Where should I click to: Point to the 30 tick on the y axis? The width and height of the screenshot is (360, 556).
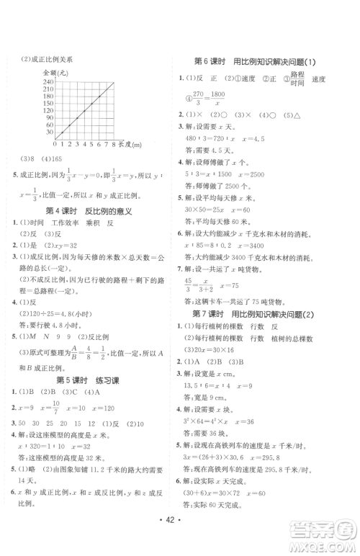click(49, 132)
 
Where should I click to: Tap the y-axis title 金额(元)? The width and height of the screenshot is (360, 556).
click(55, 73)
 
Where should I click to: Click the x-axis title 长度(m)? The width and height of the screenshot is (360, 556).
click(130, 145)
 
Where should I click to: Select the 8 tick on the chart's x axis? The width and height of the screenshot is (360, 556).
click(114, 145)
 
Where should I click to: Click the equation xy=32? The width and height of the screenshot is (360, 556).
click(79, 245)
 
